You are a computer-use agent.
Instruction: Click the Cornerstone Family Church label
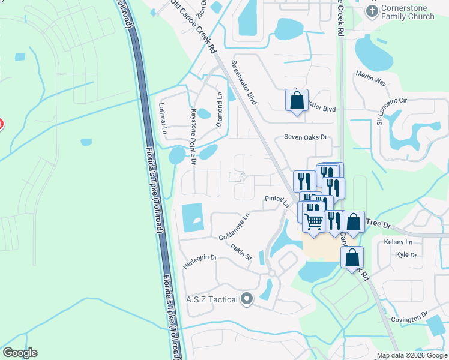[x=408, y=12]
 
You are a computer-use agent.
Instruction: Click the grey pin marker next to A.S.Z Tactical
[x=246, y=300]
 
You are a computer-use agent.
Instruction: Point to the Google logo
[x=20, y=353]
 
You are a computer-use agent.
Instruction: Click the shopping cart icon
[x=314, y=221]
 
